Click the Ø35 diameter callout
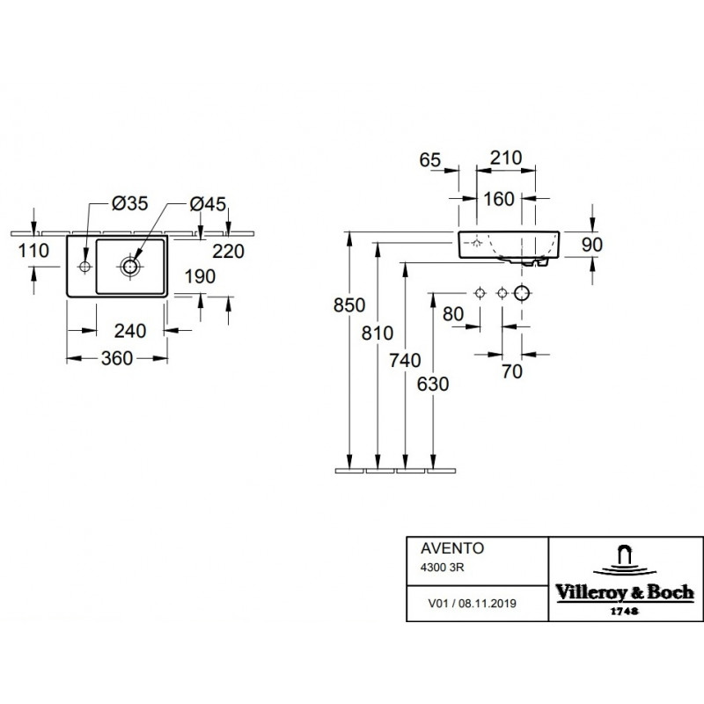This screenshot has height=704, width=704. pos(129,204)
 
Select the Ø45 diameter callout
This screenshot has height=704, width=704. pos(208,204)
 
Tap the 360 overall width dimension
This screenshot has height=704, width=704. pos(117,358)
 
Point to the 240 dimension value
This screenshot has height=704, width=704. pos(130,331)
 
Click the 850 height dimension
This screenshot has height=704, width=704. pos(348,305)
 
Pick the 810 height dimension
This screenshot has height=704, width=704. pos(378,334)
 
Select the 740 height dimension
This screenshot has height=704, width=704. pos(405,360)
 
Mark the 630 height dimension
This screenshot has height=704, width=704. pos(433,385)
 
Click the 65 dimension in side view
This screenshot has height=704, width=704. pos(430,160)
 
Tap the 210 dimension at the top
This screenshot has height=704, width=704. pos(506,158)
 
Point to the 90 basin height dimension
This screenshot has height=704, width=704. pos(591,245)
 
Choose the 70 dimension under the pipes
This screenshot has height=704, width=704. pos(512,371)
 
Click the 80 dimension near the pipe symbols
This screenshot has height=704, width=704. pos(453,314)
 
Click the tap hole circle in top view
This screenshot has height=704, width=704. pos(84,267)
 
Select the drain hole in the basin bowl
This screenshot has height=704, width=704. pos(130,267)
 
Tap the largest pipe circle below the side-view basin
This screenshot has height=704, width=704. pos(522,294)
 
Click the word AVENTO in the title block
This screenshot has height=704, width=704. pos(452,548)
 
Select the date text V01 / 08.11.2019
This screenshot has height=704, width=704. pos(472,604)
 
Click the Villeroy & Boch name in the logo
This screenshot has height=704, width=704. pos(625,592)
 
